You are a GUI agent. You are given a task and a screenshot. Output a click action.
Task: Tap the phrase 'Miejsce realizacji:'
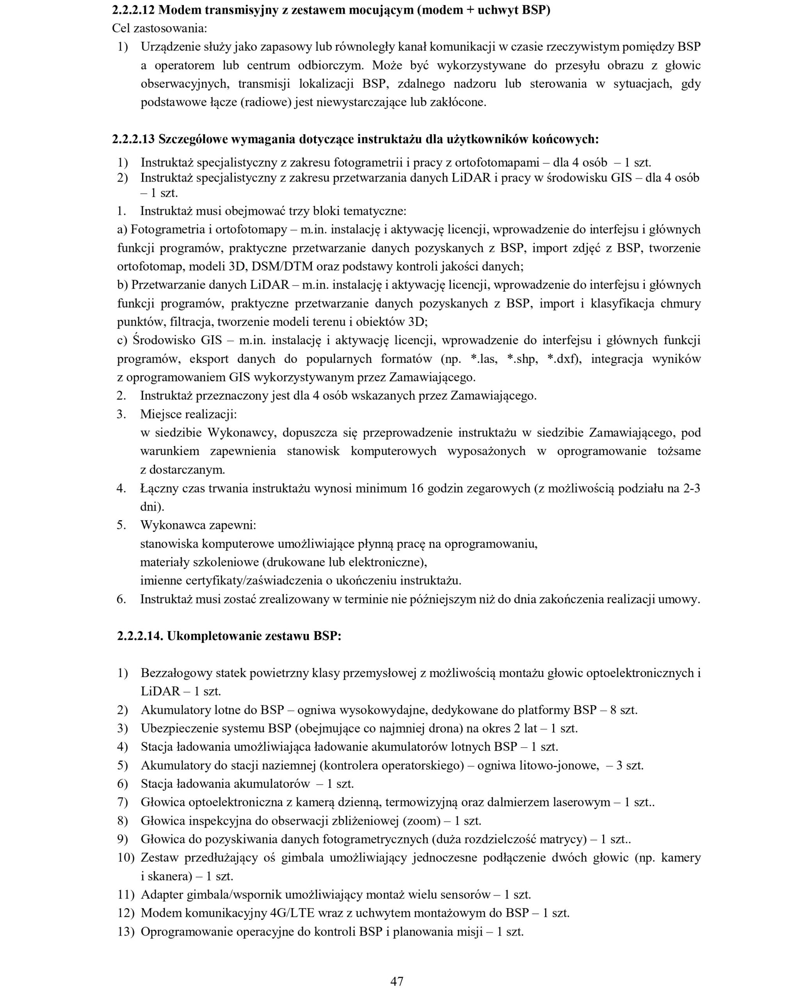pyautogui.click(x=189, y=414)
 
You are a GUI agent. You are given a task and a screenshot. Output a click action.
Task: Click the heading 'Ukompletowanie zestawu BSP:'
pyautogui.click(x=254, y=636)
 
